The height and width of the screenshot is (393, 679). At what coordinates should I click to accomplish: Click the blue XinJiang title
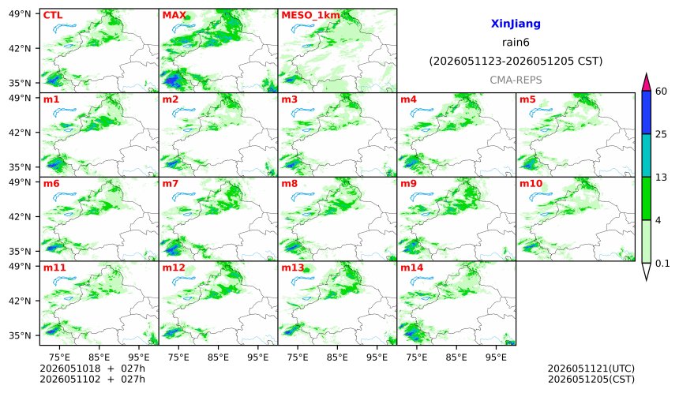pyautogui.click(x=516, y=24)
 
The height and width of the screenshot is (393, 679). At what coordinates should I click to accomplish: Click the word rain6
pyautogui.click(x=516, y=43)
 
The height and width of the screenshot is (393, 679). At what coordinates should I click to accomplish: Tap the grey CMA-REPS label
pyautogui.click(x=516, y=80)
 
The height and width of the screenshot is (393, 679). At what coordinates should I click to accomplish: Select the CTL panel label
pyautogui.click(x=53, y=15)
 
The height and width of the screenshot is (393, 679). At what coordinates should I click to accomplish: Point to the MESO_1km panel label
pyautogui.click(x=310, y=16)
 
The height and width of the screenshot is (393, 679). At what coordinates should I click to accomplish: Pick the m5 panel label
pyautogui.click(x=527, y=99)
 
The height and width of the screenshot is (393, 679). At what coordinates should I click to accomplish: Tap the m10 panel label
pyautogui.click(x=531, y=184)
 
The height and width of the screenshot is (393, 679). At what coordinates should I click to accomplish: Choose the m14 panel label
pyautogui.click(x=411, y=268)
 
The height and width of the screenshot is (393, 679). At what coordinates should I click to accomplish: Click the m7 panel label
pyautogui.click(x=171, y=184)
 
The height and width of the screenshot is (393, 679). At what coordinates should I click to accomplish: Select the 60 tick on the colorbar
pyautogui.click(x=661, y=92)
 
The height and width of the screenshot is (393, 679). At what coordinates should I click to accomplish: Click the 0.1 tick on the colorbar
pyautogui.click(x=662, y=264)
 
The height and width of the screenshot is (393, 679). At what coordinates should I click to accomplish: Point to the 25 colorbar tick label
pyautogui.click(x=661, y=135)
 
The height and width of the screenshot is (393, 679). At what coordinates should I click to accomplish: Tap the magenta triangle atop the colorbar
pyautogui.click(x=646, y=82)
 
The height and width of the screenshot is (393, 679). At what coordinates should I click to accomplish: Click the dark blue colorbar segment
pyautogui.click(x=646, y=113)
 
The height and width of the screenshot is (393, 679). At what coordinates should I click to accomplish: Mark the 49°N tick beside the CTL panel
pyautogui.click(x=20, y=14)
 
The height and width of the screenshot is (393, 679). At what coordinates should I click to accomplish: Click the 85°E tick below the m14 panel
pyautogui.click(x=456, y=357)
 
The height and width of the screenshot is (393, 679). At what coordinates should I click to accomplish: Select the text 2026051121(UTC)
pyautogui.click(x=591, y=369)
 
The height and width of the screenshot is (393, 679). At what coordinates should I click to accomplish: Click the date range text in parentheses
pyautogui.click(x=516, y=62)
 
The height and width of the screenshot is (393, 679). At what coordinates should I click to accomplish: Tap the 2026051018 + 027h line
pyautogui.click(x=92, y=369)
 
